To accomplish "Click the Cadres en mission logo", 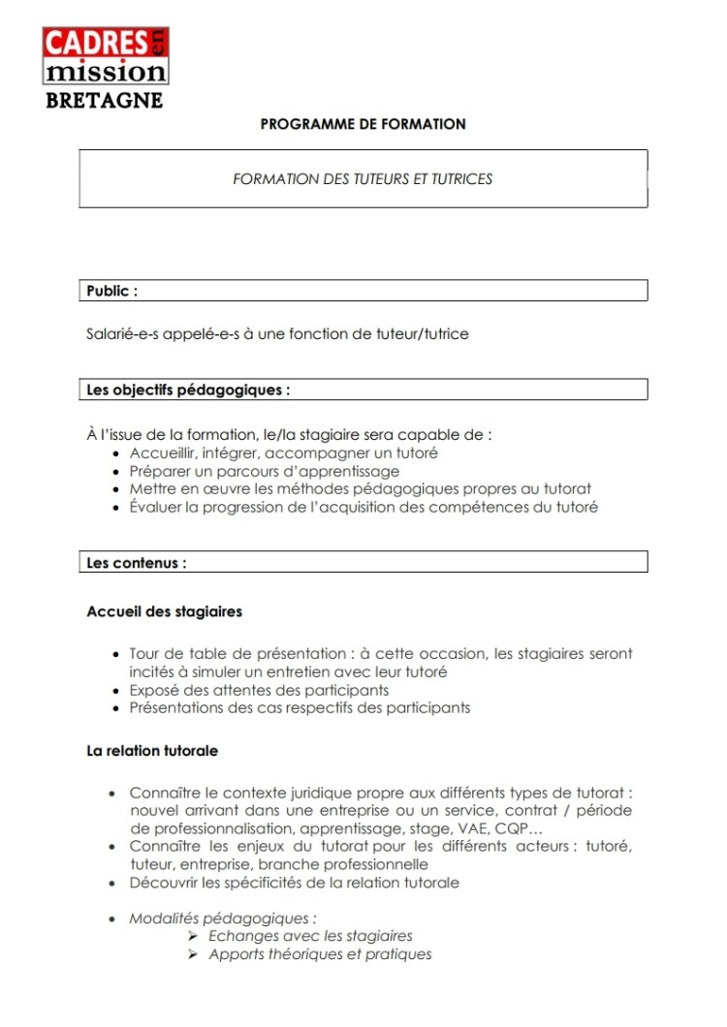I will click(x=106, y=56).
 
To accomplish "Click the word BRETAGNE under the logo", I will click(x=105, y=101).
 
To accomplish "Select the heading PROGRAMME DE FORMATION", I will click(x=363, y=125).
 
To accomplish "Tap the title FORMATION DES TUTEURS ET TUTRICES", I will click(x=363, y=179).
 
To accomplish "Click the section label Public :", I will click(x=111, y=291).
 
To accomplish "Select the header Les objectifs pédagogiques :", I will click(x=188, y=390).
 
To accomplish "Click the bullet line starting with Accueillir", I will click(x=283, y=453).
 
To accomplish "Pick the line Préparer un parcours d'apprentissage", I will click(x=264, y=471).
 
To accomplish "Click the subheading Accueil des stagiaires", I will click(x=165, y=612).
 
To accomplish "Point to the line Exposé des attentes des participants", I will click(x=259, y=690).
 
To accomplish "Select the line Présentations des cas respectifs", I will click(x=300, y=708).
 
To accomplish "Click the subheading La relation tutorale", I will click(x=152, y=751).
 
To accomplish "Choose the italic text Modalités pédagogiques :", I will click(x=223, y=918).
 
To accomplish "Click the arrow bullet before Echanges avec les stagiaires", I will click(x=193, y=937).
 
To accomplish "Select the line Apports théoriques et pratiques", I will click(x=320, y=954).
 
